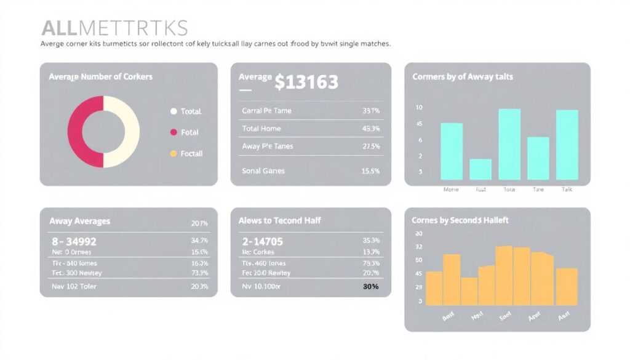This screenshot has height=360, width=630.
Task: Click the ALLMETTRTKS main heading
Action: tap(114, 28)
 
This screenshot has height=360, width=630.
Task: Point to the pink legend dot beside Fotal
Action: tap(173, 132)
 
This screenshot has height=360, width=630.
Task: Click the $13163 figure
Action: tap(306, 81)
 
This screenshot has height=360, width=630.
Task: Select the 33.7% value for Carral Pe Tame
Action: tap(371, 111)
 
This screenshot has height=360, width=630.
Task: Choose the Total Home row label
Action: tap(261, 129)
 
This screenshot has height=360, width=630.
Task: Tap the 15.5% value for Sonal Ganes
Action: tap(371, 170)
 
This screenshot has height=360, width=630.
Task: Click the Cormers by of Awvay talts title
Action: tap(462, 77)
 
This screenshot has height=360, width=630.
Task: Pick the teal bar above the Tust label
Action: tap(480, 169)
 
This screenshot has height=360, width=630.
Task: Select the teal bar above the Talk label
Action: tap(567, 145)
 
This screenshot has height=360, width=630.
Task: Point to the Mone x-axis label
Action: tap(451, 190)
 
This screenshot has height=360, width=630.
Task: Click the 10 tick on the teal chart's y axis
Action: tap(420, 108)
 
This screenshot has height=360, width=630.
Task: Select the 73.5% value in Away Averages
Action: tap(200, 273)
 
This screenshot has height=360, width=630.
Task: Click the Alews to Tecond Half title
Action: tap(279, 220)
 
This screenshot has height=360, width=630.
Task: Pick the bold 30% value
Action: tap(371, 287)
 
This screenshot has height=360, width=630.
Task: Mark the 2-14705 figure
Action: tap(263, 242)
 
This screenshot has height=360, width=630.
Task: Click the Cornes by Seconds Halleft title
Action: tap(460, 220)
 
